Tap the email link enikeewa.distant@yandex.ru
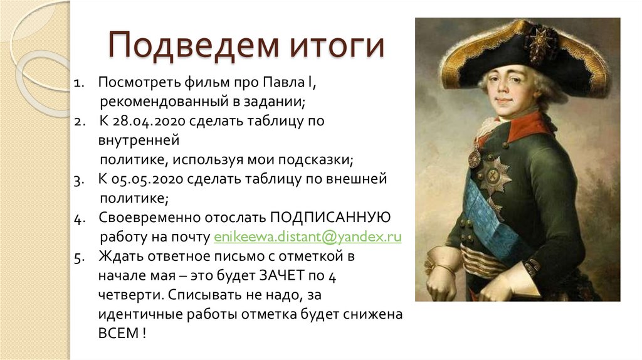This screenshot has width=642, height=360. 307,237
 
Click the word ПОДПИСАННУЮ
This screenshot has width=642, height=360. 330,217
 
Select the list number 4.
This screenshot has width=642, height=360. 78,218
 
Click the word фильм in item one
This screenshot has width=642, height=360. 208,82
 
